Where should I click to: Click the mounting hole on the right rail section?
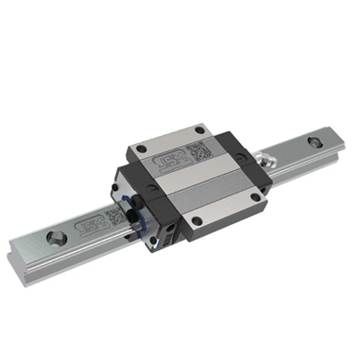312,141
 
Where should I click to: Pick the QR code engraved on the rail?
113,216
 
